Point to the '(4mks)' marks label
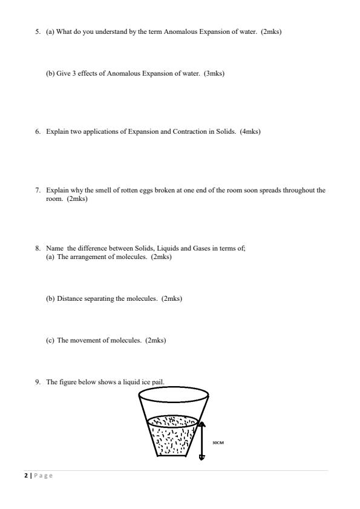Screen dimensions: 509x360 pos(250,131)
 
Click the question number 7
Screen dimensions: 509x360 pos(38,190)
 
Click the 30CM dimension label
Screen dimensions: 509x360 pos(218,442)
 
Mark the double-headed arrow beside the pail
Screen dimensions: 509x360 pos(202,441)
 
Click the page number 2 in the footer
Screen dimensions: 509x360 pos(25,476)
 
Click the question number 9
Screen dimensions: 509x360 pos(38,381)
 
